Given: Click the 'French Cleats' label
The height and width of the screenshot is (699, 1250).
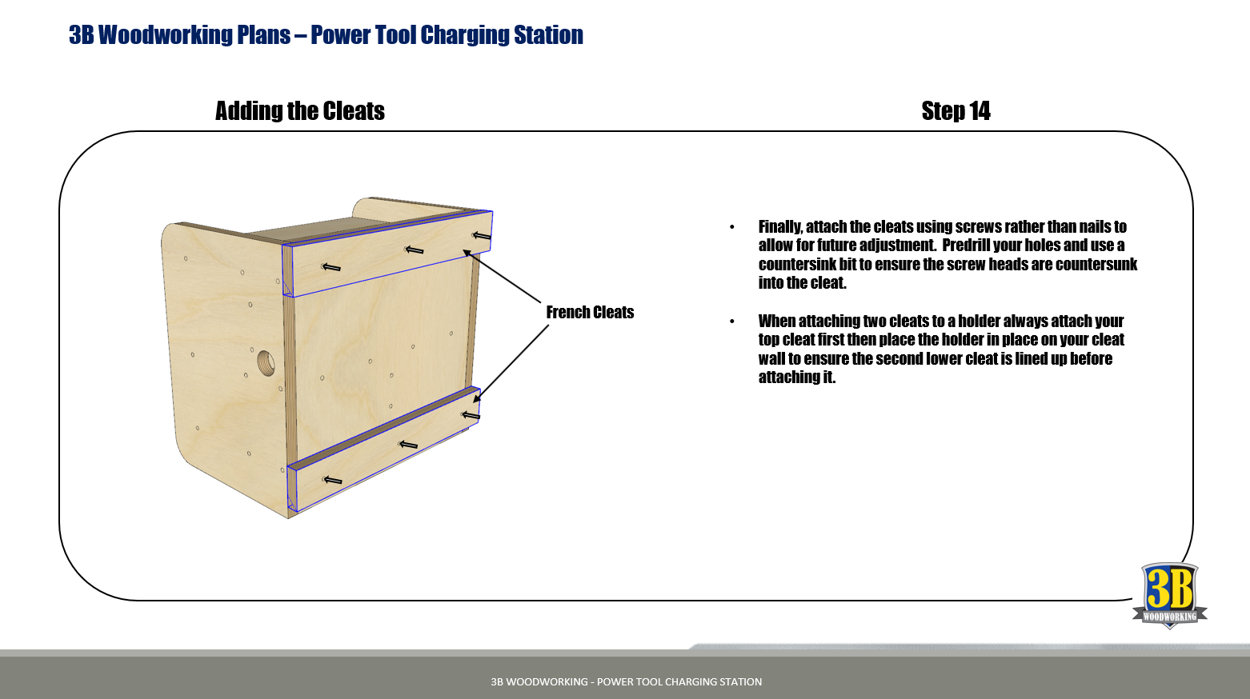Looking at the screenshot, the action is tap(590, 313).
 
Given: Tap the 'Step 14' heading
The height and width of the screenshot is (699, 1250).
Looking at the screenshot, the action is tap(956, 110).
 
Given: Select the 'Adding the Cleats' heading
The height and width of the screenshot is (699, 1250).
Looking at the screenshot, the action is tap(299, 110).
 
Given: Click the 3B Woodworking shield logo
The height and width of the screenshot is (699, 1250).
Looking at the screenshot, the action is tap(1170, 596).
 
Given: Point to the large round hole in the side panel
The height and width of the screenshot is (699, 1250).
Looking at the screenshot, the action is tap(266, 362).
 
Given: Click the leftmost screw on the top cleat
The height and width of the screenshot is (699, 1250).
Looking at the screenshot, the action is tap(331, 267).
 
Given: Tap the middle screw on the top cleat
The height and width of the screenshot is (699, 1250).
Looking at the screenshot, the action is tap(414, 250).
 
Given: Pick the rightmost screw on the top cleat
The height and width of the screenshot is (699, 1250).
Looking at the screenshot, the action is tap(482, 236).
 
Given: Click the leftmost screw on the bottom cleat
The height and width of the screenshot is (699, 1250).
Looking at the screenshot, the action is tap(332, 481).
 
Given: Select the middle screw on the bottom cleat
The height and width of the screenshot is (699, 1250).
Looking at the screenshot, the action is tap(408, 445).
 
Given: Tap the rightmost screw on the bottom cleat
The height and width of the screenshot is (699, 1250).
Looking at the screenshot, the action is tap(471, 416).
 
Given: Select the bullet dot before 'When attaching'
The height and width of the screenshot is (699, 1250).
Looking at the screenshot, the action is tap(732, 322).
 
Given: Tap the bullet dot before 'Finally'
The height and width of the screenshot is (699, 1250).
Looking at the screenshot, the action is tap(732, 227).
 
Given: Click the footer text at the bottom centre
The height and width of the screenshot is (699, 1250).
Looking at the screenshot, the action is tap(626, 681).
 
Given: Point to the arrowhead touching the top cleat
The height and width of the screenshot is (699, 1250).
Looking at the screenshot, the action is tap(468, 254).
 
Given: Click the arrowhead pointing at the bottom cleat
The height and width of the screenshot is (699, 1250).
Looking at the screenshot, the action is tap(477, 397).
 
